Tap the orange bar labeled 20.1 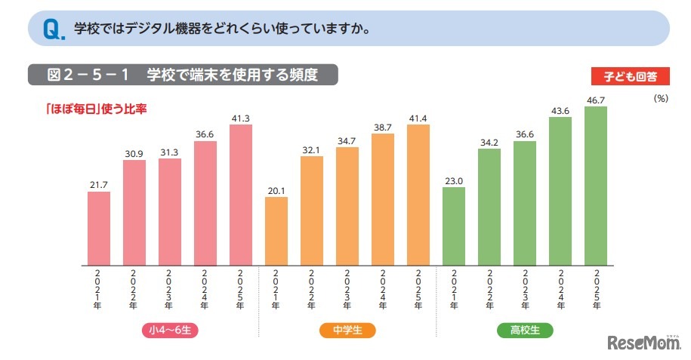(x=276, y=231)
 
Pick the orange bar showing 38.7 (x=383, y=200)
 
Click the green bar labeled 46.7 (x=596, y=186)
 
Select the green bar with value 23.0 (x=454, y=226)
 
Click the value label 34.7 (x=347, y=140)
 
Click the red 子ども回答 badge (x=630, y=75)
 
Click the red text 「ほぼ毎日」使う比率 (x=95, y=108)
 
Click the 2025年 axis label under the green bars (x=596, y=290)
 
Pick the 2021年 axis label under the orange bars (x=276, y=290)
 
